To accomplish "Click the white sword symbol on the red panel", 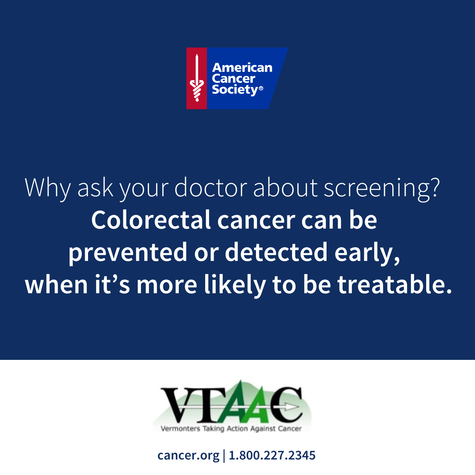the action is point(197,78).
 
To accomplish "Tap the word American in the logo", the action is point(242,68).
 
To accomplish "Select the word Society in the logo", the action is point(235,90).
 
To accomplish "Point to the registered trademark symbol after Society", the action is point(261,88).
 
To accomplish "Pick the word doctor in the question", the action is point(211,187).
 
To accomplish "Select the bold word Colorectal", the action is point(151,220).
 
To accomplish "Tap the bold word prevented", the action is point(128,253).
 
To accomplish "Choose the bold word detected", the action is point(276,252).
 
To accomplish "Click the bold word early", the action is point(367,253).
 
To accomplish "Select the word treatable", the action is point(395,284).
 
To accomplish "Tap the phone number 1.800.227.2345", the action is point(272,455).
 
